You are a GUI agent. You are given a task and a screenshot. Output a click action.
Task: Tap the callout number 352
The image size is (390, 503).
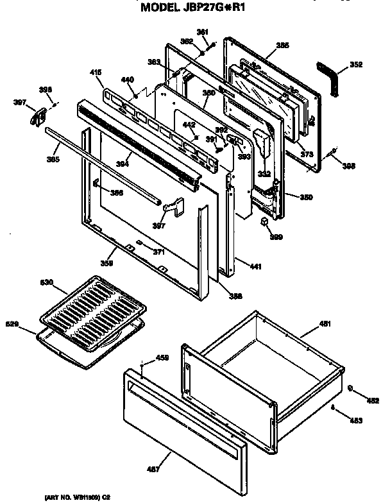pos(356,65)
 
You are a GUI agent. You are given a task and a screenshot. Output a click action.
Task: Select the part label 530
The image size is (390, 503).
pos(48,282)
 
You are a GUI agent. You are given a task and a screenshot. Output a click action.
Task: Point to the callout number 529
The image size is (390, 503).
pos(12,324)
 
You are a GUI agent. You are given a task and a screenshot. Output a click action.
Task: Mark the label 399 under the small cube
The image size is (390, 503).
pos(276,237)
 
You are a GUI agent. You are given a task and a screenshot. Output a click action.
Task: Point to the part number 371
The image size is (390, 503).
pos(158,251)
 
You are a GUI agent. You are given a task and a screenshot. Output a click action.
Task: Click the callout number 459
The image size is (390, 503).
pos(162,357)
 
